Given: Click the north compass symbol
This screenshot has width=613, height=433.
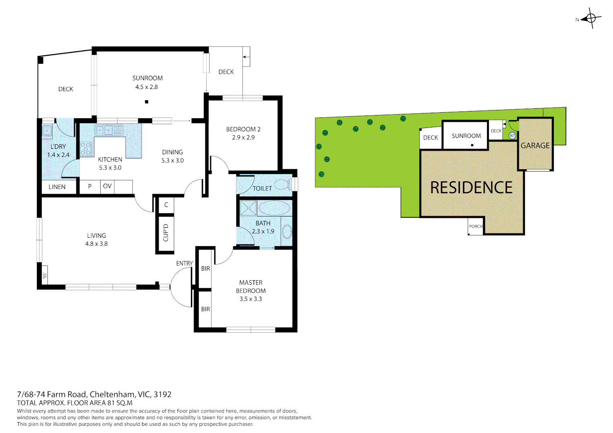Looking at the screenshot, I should (x=591, y=18).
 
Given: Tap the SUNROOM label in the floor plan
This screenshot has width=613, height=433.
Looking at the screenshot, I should (x=147, y=78).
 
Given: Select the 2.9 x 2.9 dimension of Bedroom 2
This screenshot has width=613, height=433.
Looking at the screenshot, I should (x=243, y=138).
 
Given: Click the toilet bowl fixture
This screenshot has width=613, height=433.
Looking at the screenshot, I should (x=282, y=184).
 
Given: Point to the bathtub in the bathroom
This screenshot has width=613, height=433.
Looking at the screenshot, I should (x=274, y=208).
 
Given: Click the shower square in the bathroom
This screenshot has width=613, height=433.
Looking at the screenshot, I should (x=248, y=208).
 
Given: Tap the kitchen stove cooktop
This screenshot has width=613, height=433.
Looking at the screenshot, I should (x=86, y=148).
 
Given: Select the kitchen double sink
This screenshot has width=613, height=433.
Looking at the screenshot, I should (x=104, y=130).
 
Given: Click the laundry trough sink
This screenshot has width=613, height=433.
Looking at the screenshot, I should (x=47, y=131).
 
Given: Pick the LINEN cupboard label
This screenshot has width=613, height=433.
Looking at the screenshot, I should (x=57, y=187).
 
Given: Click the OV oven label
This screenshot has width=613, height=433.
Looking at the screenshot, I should (x=107, y=186).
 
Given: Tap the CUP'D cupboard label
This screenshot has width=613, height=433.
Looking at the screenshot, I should (x=165, y=233).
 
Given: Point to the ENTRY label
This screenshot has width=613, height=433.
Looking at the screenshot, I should (x=184, y=263).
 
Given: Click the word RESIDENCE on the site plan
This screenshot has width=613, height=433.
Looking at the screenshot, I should (x=471, y=188).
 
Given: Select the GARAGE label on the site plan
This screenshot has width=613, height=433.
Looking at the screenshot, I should (x=535, y=146).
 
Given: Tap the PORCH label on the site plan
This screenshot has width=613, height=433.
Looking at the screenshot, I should (x=475, y=227).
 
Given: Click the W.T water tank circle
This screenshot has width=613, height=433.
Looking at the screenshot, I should (x=512, y=136).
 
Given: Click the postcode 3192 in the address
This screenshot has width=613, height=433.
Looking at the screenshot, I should (x=162, y=394).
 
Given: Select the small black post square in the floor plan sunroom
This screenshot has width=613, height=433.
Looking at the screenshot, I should (x=146, y=102).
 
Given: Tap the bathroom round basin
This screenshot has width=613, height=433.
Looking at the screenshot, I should (x=287, y=231).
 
